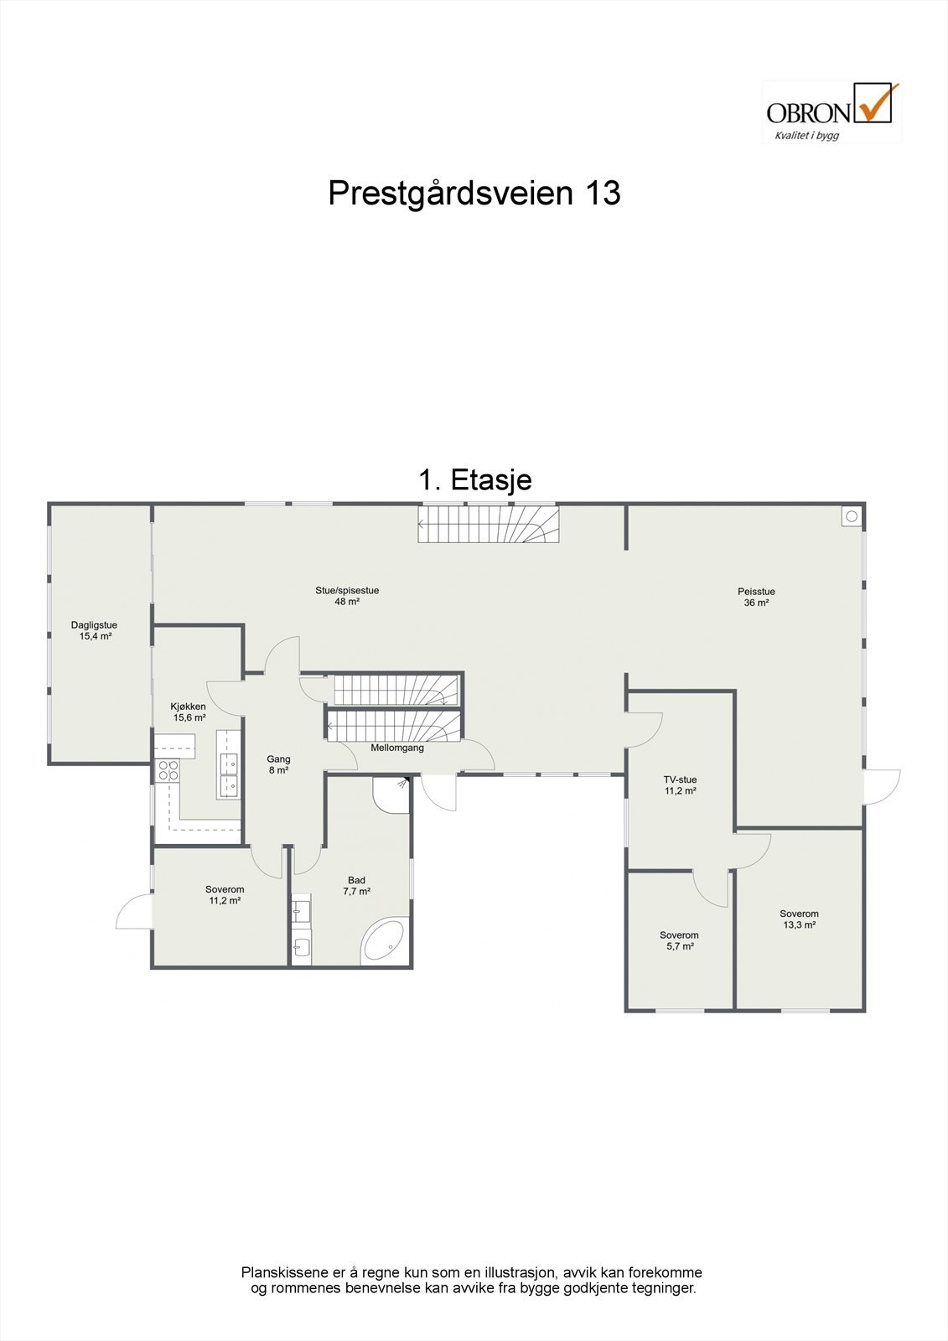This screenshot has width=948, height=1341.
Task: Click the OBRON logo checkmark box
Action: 873,104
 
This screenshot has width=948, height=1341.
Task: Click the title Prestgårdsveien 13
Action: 474,193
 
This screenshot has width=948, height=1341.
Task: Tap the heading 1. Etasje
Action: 474,480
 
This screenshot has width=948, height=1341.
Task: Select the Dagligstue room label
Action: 94,630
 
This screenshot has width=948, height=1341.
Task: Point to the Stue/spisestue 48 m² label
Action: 347,596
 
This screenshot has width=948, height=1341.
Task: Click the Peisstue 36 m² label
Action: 756,597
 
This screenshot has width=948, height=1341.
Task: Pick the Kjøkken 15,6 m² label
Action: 189,712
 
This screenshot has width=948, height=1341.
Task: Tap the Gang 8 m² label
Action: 278,764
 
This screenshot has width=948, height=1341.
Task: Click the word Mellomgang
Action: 397,748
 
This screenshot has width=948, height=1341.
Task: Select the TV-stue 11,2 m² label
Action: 681,784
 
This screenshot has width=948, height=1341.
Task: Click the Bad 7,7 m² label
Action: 356,886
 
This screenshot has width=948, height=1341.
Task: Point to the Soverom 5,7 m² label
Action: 679,940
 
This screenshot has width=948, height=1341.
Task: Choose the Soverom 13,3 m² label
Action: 799,919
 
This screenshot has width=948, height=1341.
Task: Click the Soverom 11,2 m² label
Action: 225,895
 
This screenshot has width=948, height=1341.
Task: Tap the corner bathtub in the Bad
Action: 385,942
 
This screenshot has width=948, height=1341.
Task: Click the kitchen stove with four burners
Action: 168,770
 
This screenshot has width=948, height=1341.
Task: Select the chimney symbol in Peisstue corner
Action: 852,516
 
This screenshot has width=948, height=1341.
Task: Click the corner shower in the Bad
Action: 391,794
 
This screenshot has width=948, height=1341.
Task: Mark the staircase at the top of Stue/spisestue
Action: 489,524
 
